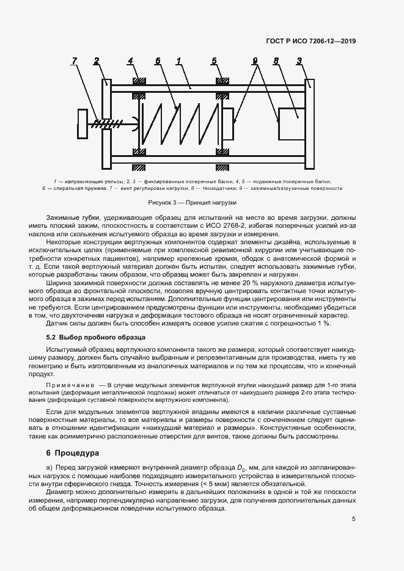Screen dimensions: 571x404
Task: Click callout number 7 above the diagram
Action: click(x=74, y=60)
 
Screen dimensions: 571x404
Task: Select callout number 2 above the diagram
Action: click(x=97, y=60)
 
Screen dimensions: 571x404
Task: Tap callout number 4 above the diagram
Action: click(x=130, y=60)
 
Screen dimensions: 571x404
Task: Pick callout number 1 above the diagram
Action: click(x=178, y=60)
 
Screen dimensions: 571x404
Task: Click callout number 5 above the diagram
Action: click(x=214, y=60)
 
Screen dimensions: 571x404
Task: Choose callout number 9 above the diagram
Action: click(x=254, y=60)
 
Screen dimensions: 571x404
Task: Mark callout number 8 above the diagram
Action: click(x=276, y=60)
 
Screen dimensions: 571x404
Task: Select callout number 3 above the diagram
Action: click(x=299, y=60)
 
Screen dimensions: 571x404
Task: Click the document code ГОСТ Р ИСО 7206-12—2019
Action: click(x=311, y=41)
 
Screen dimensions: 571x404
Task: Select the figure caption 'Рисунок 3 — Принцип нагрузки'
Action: click(x=192, y=202)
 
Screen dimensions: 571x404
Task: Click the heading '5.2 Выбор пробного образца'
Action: click(x=95, y=337)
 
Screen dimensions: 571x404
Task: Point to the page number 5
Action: click(x=353, y=519)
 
